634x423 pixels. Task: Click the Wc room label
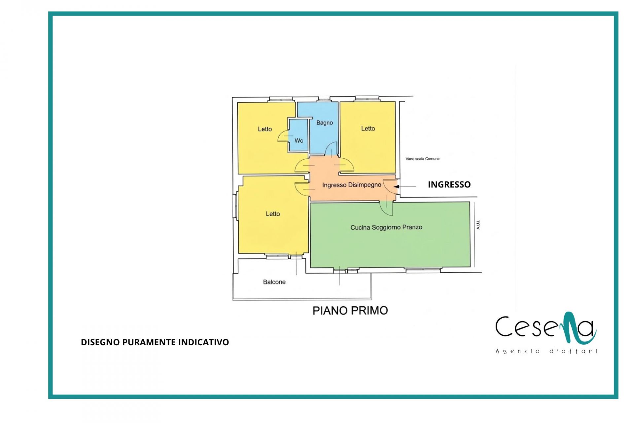coord(299,141)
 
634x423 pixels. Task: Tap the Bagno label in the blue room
coord(324,123)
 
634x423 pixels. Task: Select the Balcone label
coord(274,282)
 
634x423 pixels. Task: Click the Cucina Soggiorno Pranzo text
coord(386,227)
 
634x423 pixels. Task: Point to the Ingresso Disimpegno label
coord(352,185)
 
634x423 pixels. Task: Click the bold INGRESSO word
coord(449,184)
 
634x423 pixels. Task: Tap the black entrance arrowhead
coord(397,187)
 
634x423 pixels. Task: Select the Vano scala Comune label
coord(422,159)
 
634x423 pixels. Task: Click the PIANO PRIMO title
coord(350,311)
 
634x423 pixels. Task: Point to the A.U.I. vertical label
coord(478,225)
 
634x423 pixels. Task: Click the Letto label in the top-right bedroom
coord(368,129)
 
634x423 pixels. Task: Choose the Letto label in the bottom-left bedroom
coord(273,214)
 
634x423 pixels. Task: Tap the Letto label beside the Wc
coord(265,129)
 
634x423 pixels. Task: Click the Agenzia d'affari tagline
coord(546,351)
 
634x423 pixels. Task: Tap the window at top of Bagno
coord(324,98)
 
